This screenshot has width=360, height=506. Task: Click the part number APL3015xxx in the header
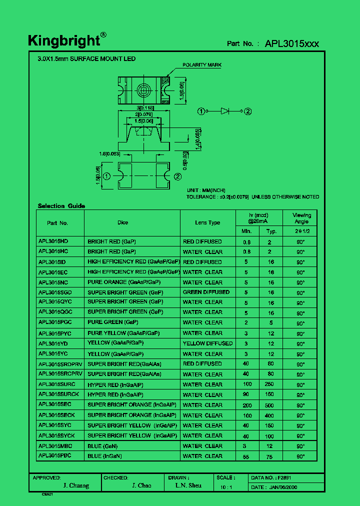click(291, 43)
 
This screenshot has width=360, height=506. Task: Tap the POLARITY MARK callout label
click(201, 65)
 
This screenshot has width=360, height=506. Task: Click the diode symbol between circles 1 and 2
click(225, 111)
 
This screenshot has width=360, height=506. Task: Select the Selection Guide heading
click(61, 206)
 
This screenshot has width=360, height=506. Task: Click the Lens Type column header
click(207, 222)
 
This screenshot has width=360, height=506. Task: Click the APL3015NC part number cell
click(53, 282)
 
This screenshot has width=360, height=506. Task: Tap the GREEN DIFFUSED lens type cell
click(206, 292)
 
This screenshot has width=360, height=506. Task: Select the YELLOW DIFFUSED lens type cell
click(207, 343)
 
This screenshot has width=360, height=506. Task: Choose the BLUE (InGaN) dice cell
click(104, 456)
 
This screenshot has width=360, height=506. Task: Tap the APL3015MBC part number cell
click(55, 446)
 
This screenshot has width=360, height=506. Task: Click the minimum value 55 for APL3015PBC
click(246, 456)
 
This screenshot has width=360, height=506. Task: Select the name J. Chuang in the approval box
click(76, 485)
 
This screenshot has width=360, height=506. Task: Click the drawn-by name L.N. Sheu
click(188, 485)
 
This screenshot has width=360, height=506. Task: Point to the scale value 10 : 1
click(226, 486)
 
